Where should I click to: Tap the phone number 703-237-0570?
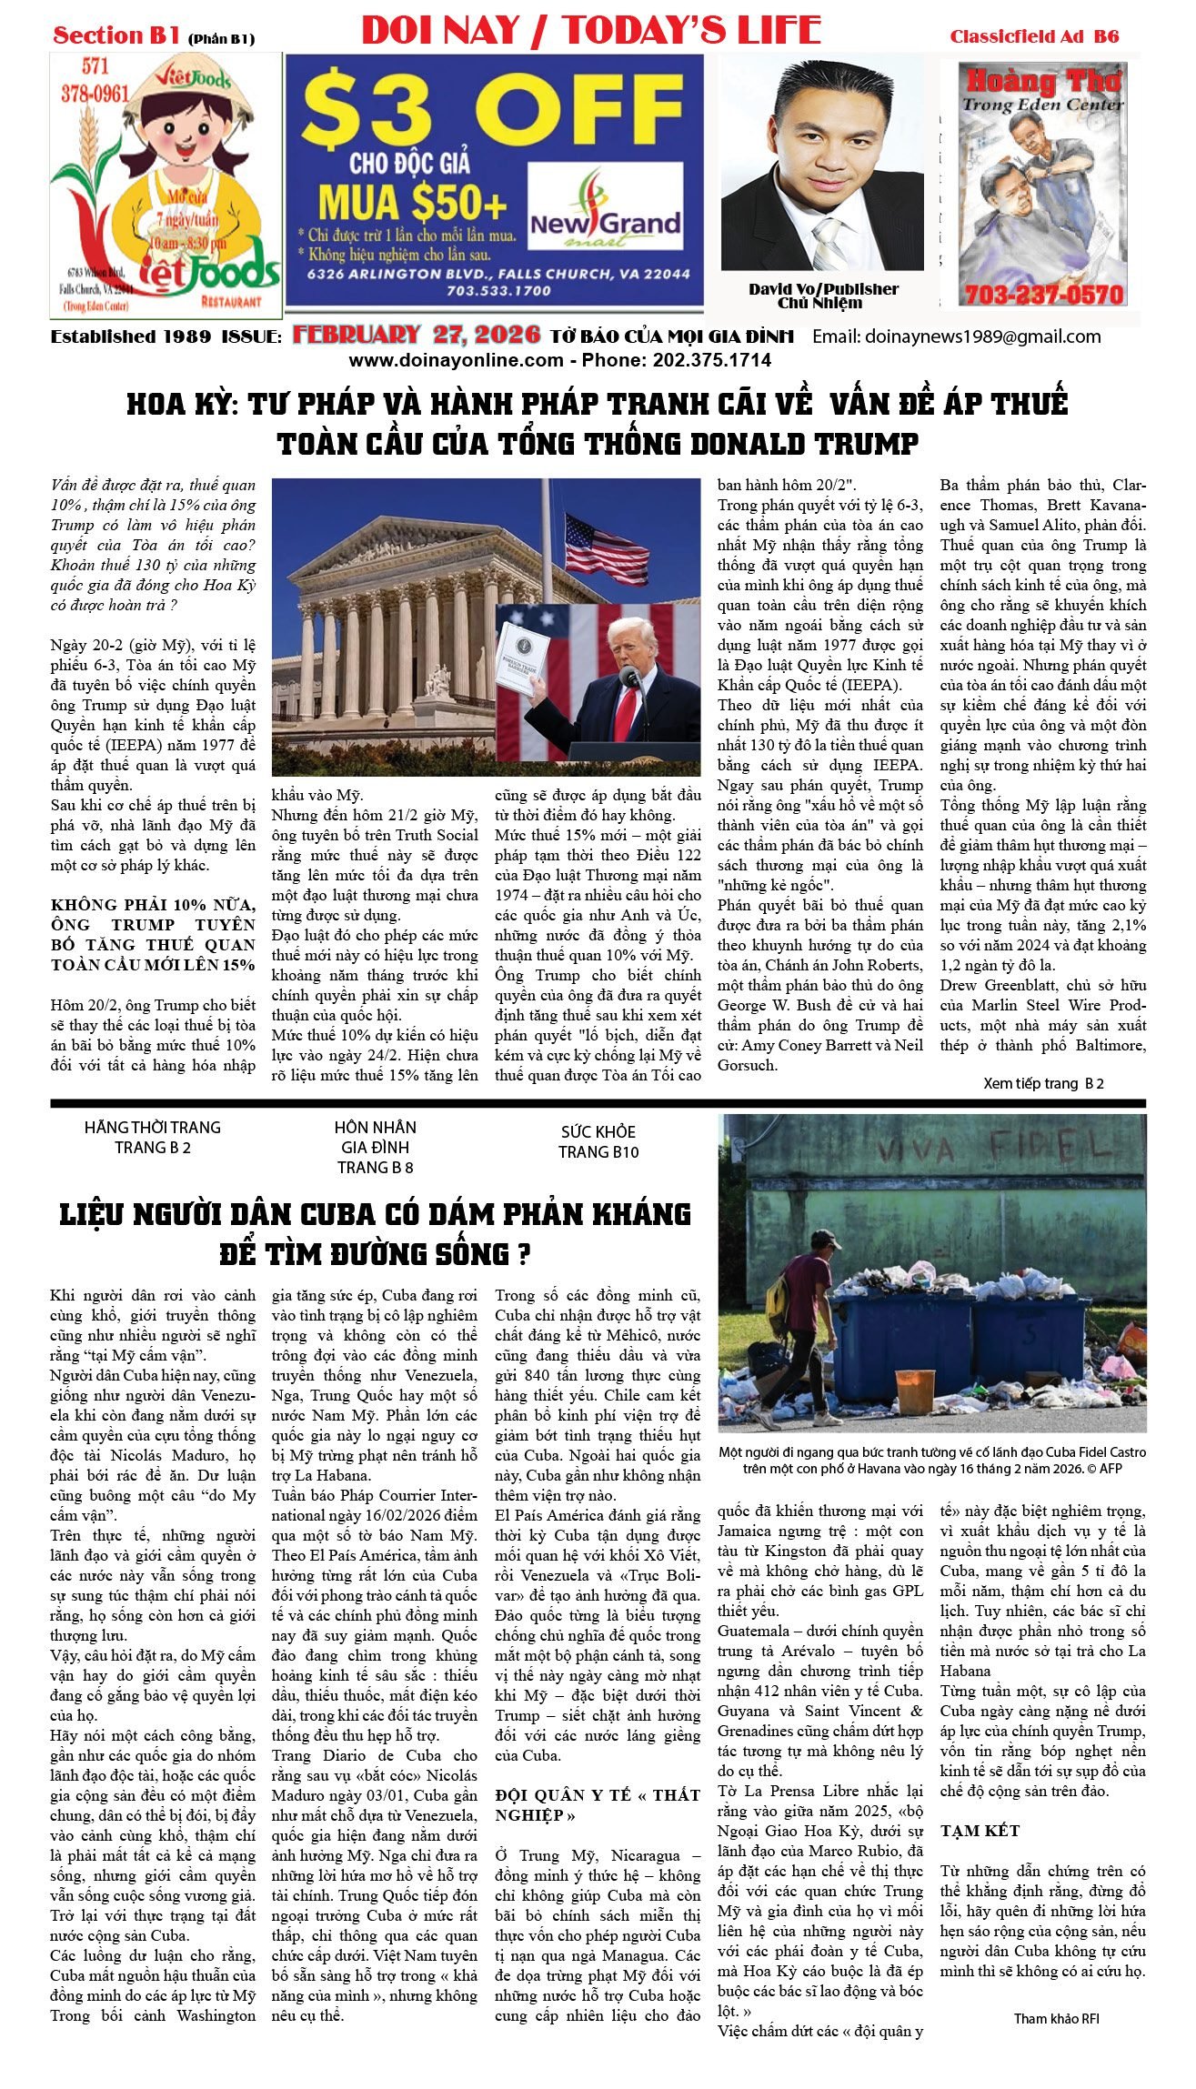click(1043, 295)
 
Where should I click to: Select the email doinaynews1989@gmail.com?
click(956, 336)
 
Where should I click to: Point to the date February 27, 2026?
click(417, 335)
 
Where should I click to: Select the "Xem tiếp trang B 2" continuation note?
click(1043, 1083)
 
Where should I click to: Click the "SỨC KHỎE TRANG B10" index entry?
click(598, 1141)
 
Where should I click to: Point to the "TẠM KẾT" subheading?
click(980, 1830)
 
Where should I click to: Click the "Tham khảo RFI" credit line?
click(1056, 2018)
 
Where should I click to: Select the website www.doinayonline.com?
click(456, 360)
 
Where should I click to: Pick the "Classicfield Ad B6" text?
click(1034, 36)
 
